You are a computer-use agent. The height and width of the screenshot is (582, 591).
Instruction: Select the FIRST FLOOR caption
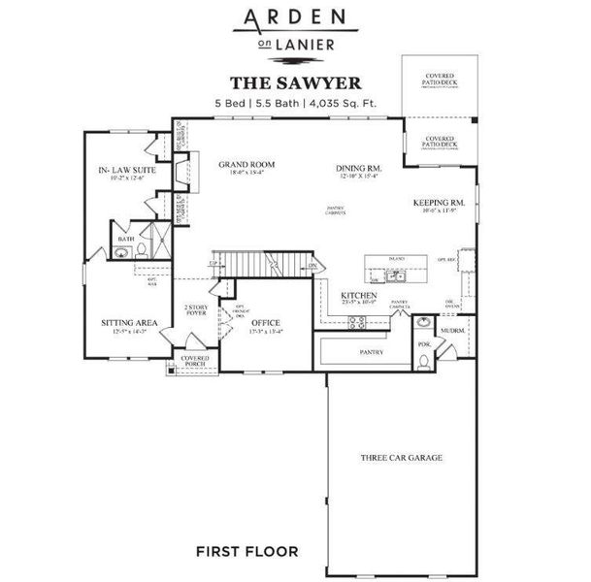pyautogui.click(x=246, y=552)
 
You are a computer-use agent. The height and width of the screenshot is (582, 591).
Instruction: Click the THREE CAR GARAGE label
pyautogui.click(x=401, y=457)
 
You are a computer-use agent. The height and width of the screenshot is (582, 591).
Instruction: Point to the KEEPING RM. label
pyautogui.click(x=439, y=203)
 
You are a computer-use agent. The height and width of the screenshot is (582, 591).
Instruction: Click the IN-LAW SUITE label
pyautogui.click(x=128, y=170)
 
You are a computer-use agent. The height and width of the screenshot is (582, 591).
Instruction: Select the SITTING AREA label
pyautogui.click(x=129, y=323)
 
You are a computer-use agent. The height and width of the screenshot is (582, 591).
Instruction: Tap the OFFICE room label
pyautogui.click(x=266, y=322)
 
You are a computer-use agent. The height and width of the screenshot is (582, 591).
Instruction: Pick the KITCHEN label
pyautogui.click(x=358, y=295)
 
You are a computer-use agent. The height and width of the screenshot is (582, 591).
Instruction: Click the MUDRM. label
pyautogui.click(x=453, y=330)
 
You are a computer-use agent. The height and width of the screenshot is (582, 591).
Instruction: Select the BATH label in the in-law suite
pyautogui.click(x=126, y=238)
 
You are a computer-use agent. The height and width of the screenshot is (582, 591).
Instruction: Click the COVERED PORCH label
pyautogui.click(x=195, y=362)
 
